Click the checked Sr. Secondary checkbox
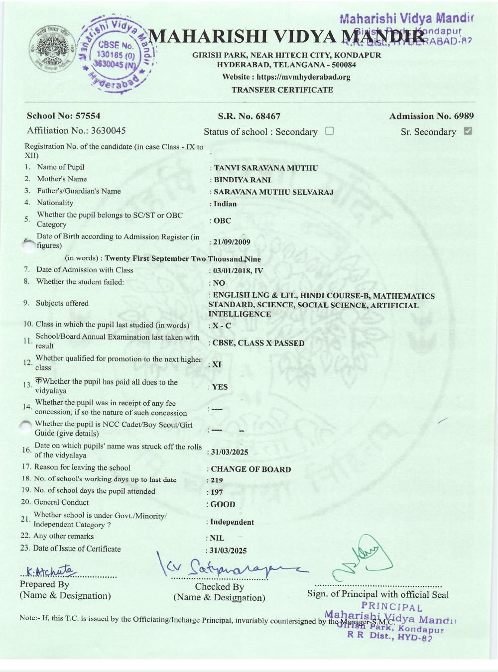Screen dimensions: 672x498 tap(468, 131)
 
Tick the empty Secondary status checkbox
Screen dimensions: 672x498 tap(329, 131)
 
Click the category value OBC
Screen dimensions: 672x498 tap(222, 221)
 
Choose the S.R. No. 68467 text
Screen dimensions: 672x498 tap(249, 116)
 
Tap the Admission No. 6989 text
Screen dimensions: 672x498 tap(431, 116)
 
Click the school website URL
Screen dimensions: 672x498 tap(286, 77)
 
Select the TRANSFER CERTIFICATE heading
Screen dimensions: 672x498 tap(282, 90)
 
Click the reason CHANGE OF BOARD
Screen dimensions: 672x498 tap(250, 469)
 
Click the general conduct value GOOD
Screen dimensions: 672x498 tap(223, 505)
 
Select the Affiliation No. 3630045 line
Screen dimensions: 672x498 tap(76, 131)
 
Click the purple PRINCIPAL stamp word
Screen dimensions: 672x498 tap(391, 607)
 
